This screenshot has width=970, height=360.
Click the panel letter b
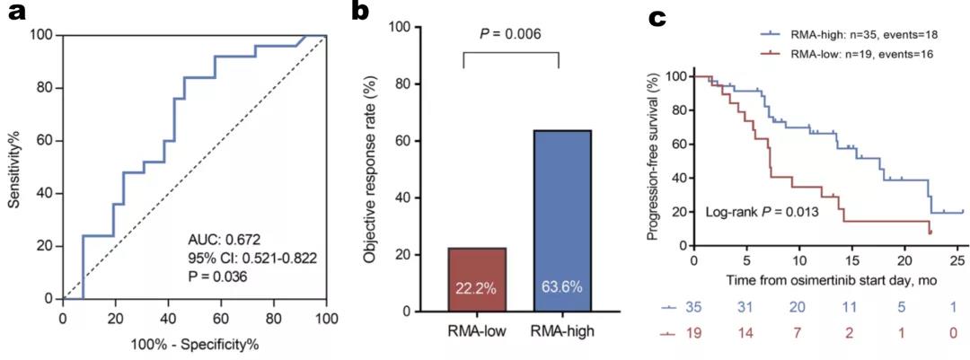point(359,13)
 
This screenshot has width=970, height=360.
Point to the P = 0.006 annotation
point(511,35)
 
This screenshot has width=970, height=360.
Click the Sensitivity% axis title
point(15,167)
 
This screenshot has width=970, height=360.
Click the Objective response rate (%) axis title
point(369,170)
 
